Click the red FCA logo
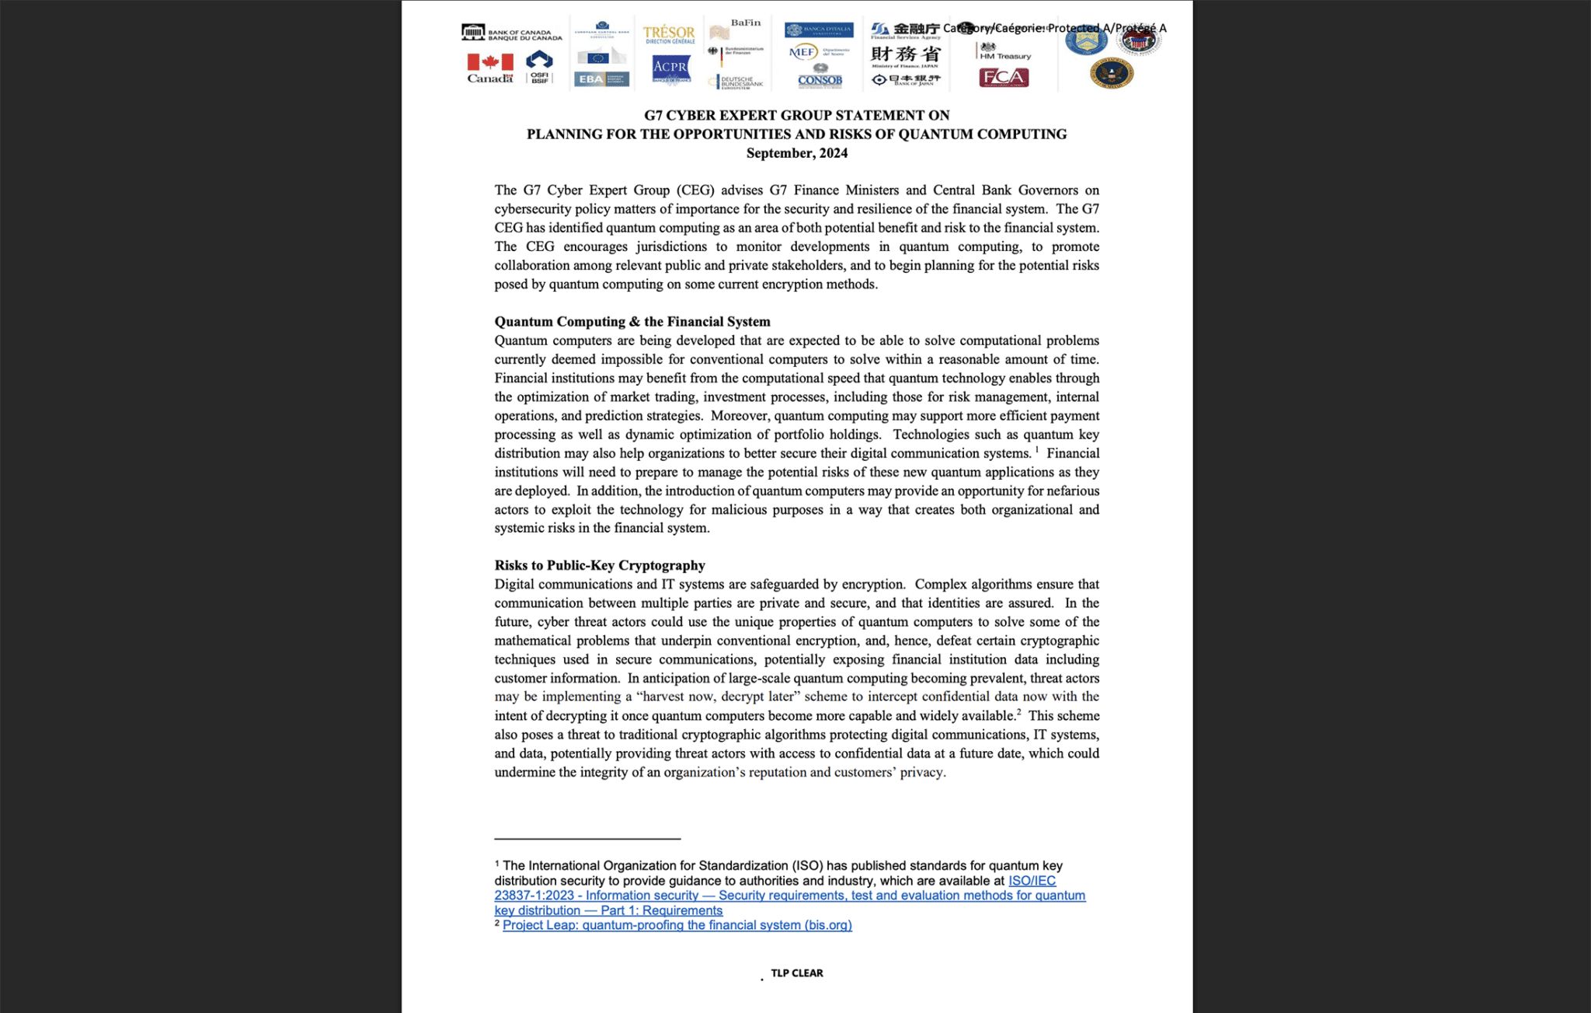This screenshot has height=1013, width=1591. pyautogui.click(x=1004, y=78)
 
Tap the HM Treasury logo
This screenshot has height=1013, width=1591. pyautogui.click(x=1004, y=52)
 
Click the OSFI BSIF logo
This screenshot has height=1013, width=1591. pyautogui.click(x=539, y=67)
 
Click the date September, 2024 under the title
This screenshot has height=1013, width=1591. pyautogui.click(x=796, y=153)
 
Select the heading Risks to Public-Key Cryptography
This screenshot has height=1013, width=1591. pyautogui.click(x=600, y=565)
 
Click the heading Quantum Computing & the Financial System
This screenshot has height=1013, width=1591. pyautogui.click(x=632, y=322)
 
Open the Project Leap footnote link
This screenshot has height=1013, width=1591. pyautogui.click(x=677, y=925)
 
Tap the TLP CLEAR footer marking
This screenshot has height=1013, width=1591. pyautogui.click(x=796, y=973)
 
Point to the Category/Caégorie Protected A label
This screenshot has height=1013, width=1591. pyautogui.click(x=1054, y=28)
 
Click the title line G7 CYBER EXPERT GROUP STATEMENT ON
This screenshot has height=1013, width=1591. pyautogui.click(x=796, y=116)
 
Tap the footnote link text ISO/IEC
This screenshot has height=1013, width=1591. pyautogui.click(x=1032, y=881)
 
